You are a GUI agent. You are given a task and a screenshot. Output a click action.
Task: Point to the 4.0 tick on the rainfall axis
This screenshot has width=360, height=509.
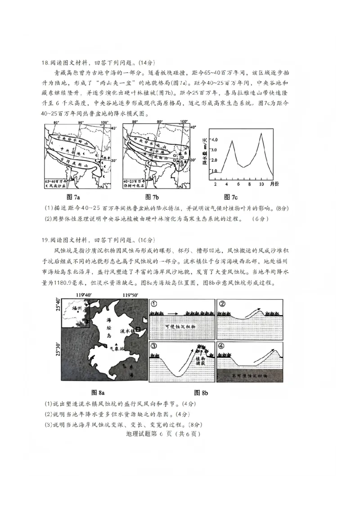click(x=214, y=139)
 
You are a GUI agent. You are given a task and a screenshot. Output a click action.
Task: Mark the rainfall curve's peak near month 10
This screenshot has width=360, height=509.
click(x=261, y=133)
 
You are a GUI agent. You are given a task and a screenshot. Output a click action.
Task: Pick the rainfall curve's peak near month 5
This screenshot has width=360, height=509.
click(x=232, y=141)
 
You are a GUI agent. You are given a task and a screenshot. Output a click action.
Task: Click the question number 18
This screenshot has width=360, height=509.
click(x=45, y=63)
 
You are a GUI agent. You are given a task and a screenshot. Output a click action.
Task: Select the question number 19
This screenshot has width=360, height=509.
click(x=45, y=240)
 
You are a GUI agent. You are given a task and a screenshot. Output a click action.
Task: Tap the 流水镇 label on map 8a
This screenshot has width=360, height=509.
click(x=127, y=330)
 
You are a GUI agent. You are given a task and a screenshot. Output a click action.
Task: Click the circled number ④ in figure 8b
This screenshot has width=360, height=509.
click(x=221, y=346)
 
